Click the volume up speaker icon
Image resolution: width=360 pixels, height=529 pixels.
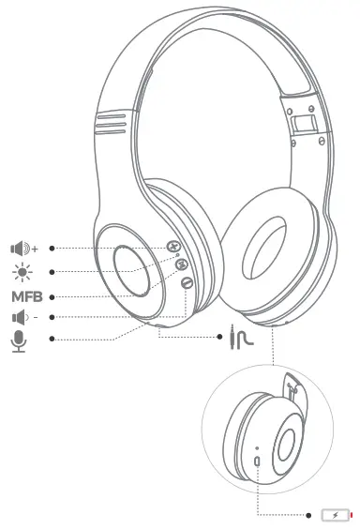pos(22,249)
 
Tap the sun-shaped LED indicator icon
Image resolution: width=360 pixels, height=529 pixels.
pos(21,272)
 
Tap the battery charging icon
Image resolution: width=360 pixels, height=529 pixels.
pos(336,515)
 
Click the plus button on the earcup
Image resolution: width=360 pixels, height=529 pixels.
pos(174,247)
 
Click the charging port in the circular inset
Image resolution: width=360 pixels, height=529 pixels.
pos(257,464)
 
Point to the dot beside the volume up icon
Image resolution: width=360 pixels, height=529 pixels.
pos(52,249)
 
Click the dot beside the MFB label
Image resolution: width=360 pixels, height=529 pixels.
pos(52,297)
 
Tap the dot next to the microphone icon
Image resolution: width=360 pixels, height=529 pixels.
pos(52,339)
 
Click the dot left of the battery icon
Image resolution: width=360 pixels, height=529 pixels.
pos(309,515)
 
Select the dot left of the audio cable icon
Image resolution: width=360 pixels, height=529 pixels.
pos(217,339)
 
